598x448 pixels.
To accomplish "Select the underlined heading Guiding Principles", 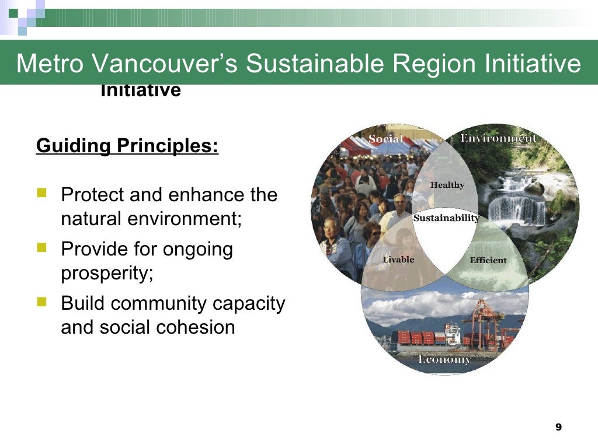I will tap(127, 145).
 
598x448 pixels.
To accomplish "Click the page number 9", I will tap(558, 428).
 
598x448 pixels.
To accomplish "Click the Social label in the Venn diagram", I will tap(385, 139).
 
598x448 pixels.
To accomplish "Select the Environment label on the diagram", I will tap(498, 138).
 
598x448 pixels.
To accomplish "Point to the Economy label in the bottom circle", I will tap(444, 359).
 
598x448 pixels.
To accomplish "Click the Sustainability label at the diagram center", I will tap(446, 218).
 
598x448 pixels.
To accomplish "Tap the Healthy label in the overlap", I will tap(447, 185).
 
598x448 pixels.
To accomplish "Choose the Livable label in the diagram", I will tap(398, 260).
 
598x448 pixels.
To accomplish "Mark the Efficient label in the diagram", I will tap(488, 260).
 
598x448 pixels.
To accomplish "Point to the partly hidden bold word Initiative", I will tap(140, 91).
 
